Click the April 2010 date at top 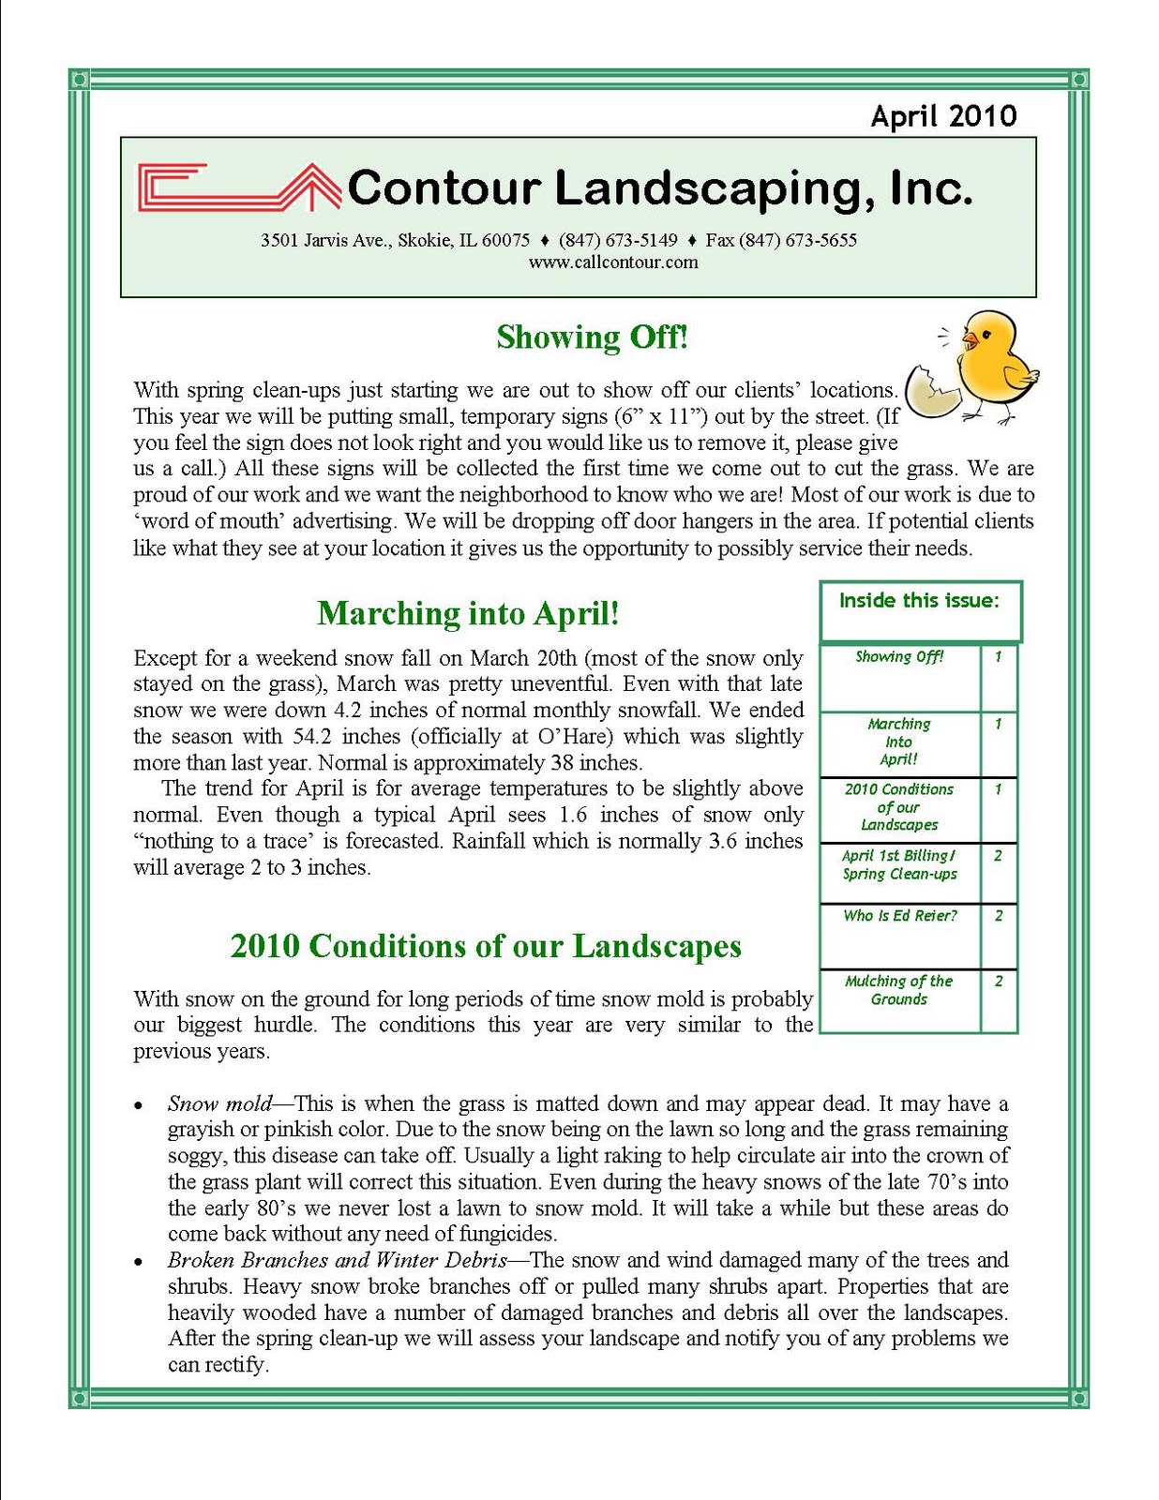click(943, 115)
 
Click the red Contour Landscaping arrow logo click(239, 187)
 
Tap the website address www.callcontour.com click(613, 262)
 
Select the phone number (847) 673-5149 click(618, 240)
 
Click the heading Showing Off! click(593, 337)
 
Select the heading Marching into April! click(468, 613)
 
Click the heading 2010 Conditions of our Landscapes click(486, 946)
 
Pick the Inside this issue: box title click(919, 600)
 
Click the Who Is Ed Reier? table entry click(900, 915)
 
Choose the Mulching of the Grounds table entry click(898, 990)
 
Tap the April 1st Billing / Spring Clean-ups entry click(899, 864)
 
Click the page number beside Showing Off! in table click(998, 656)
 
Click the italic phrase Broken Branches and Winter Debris click(338, 1260)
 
